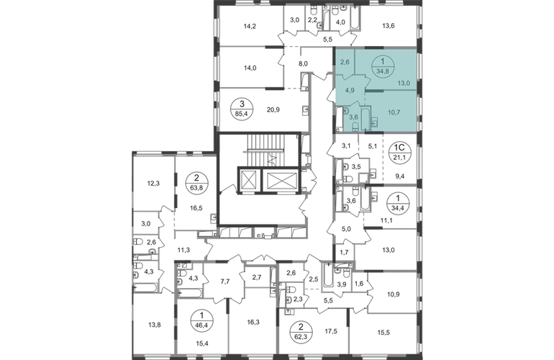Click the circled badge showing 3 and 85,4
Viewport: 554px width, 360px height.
[242, 109]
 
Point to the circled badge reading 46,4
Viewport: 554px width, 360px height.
[201, 320]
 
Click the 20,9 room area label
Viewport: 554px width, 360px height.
[273, 110]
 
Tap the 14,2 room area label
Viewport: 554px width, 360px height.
[250, 26]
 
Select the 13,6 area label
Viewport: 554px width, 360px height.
[389, 25]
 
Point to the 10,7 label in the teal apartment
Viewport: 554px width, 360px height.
[394, 112]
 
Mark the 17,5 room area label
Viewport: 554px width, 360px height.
[331, 331]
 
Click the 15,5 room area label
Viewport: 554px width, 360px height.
[383, 333]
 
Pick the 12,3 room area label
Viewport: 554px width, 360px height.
[153, 183]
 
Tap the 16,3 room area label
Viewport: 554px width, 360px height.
[254, 322]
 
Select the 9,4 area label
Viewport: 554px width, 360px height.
[399, 176]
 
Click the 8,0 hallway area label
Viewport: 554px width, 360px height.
[303, 64]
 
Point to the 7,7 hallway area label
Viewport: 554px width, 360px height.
[225, 282]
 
